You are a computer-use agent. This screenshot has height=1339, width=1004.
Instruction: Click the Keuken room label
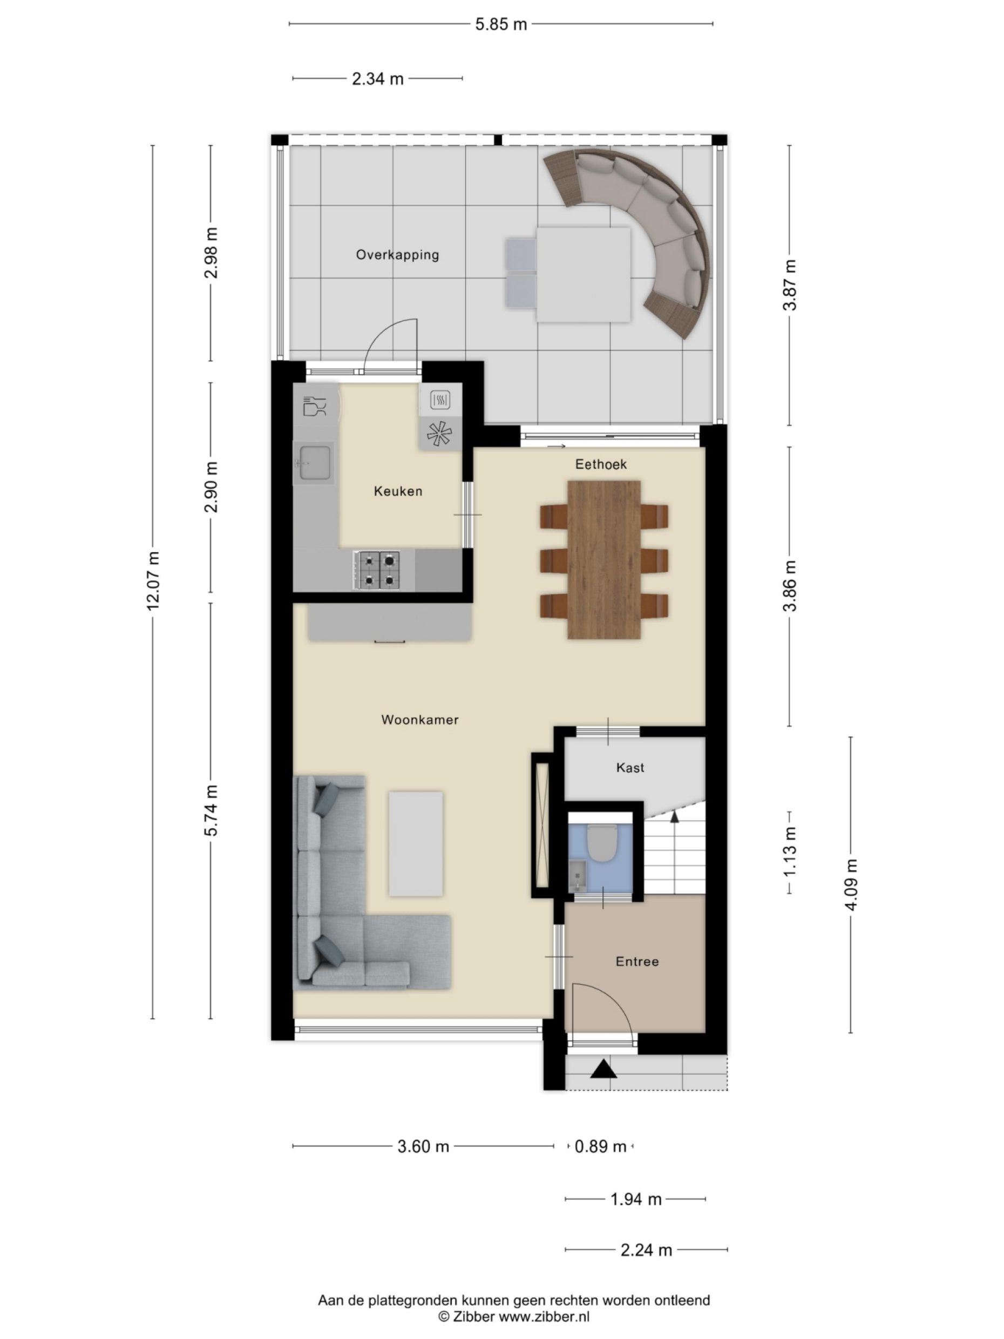[398, 491]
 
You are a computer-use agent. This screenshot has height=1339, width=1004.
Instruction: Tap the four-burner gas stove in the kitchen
[377, 570]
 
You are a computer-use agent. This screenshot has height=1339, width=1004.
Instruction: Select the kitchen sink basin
[314, 463]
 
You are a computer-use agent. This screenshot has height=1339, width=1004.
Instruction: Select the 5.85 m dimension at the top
[500, 25]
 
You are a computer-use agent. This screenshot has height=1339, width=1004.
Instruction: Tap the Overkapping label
[397, 255]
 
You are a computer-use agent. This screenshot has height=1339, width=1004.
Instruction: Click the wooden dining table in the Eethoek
[603, 559]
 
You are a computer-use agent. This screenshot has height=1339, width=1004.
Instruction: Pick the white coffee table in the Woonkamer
[415, 843]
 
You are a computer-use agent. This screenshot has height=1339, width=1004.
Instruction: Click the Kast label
[630, 768]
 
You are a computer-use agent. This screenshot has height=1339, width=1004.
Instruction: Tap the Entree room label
[636, 961]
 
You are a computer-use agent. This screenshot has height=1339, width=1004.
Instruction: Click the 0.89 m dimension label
[600, 1146]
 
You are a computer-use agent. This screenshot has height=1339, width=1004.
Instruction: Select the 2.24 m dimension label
[646, 1250]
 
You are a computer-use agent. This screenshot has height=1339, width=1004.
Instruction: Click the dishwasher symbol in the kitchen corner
[314, 405]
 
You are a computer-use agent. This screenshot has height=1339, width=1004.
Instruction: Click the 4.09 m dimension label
[851, 884]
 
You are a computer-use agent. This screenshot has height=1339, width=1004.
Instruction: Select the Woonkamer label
[419, 720]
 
